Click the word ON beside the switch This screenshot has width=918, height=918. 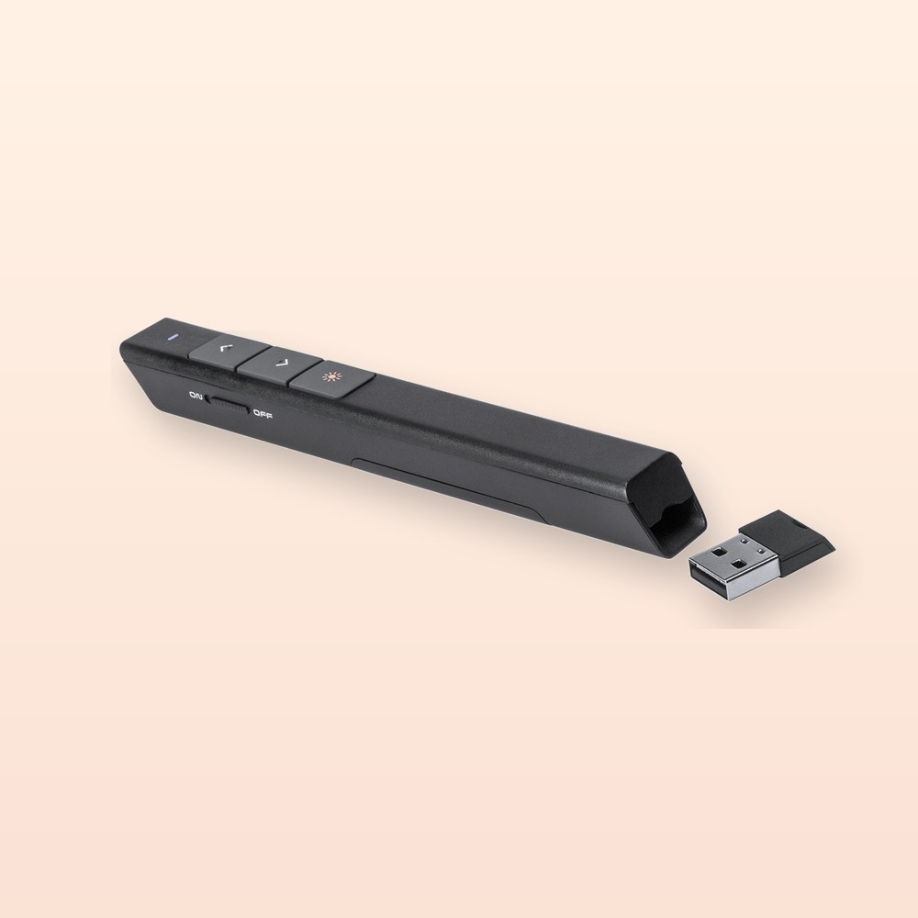click(196, 397)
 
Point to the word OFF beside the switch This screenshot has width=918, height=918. click(263, 415)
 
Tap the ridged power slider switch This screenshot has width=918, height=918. click(229, 405)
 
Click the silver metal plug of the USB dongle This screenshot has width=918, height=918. click(734, 569)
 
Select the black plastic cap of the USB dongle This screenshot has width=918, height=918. click(788, 542)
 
